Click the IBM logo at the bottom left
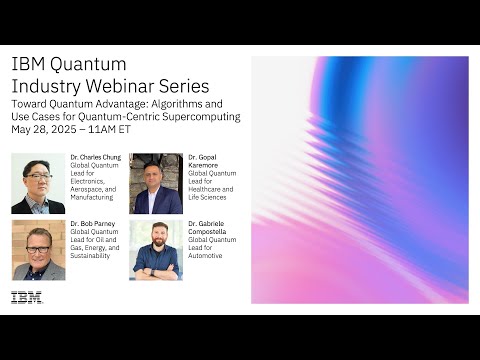tap(27, 297)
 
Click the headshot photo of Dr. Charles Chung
tap(38, 184)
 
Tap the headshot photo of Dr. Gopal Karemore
tap(156, 184)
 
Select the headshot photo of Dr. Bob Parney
tap(38, 250)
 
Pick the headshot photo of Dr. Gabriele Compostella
tap(156, 250)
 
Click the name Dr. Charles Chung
tap(96, 157)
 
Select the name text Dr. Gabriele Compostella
tap(211, 227)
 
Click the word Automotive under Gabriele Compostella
tap(209, 256)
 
